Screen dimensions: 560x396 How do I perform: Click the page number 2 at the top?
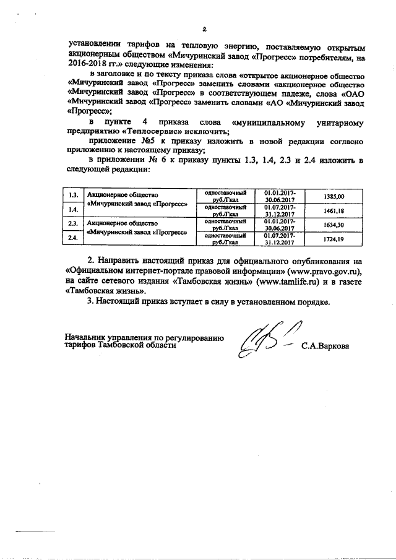click(203, 28)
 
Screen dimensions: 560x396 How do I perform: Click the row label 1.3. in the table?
click(73, 196)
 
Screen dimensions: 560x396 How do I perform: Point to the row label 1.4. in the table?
click(73, 210)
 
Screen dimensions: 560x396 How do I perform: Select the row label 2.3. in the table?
click(73, 224)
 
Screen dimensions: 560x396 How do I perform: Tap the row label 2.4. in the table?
click(73, 238)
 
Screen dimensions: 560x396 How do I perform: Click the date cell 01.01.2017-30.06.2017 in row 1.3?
click(280, 196)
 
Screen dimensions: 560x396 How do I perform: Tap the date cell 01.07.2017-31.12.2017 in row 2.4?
click(280, 238)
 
